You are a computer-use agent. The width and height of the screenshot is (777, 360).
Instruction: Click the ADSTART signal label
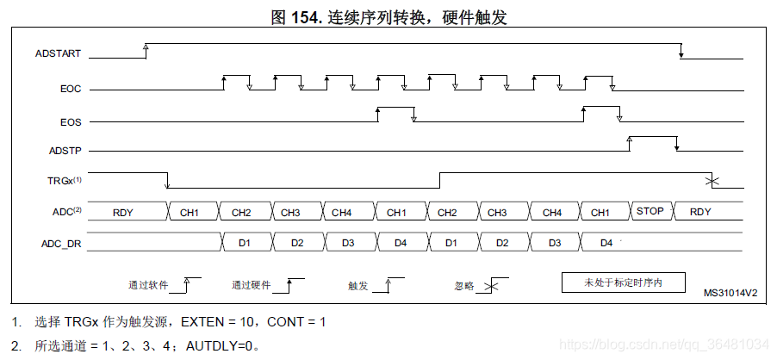pos(59,53)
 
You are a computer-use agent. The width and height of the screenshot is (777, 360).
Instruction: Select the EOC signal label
pos(71,88)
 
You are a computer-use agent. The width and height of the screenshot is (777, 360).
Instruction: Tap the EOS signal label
pos(71,122)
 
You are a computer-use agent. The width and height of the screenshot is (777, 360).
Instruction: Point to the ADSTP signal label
pos(65,151)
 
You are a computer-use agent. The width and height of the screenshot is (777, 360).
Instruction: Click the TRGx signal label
pos(65,181)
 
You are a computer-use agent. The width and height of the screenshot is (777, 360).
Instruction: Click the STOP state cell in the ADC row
pos(650,211)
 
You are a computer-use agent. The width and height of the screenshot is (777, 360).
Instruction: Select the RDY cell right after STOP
pos(700,211)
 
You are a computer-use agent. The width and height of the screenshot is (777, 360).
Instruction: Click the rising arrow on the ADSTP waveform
pos(630,140)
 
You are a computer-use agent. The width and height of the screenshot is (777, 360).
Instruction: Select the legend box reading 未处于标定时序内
pos(623,282)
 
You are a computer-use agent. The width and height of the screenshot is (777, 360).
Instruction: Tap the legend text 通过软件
pos(149,284)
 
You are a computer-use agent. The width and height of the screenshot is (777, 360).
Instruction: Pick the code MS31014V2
pos(730,293)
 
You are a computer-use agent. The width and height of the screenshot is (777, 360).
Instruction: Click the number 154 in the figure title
pos(307,16)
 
